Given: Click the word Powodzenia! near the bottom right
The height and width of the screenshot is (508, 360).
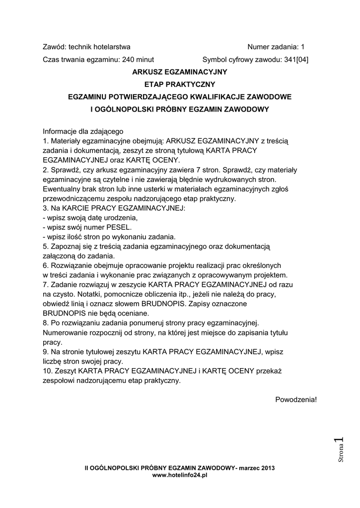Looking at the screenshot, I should click(x=295, y=399).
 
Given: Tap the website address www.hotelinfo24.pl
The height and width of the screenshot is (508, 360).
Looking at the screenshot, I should click(x=179, y=475).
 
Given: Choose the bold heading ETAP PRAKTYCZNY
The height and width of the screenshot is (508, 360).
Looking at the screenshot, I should click(x=179, y=84).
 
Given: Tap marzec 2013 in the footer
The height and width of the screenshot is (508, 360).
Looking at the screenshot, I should click(x=257, y=468).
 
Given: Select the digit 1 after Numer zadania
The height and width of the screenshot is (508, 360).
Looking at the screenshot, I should click(x=302, y=47).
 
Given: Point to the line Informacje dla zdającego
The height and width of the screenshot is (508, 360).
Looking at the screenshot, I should click(x=82, y=132).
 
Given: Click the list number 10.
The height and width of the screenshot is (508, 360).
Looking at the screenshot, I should click(x=48, y=371).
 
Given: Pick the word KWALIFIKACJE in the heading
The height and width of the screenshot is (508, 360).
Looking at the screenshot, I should click(x=215, y=97).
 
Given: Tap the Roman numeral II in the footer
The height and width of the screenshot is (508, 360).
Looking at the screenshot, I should click(x=87, y=468).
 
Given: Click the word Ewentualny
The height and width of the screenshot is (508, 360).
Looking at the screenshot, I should click(x=61, y=189).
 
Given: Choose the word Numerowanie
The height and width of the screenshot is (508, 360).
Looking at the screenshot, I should click(x=67, y=332).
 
